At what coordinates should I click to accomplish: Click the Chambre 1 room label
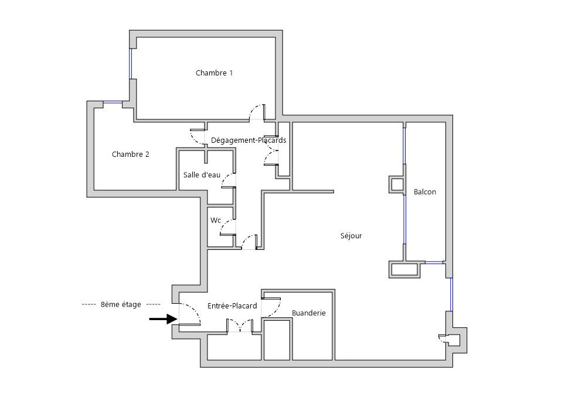coord(214,73)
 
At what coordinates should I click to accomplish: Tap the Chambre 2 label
coord(131,155)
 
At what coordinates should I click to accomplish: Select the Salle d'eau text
coord(202,175)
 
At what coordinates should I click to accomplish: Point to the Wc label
coord(216,220)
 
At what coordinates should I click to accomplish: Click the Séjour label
coord(351,236)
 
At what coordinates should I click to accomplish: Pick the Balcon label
coord(425,192)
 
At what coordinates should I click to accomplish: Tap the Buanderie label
coord(308,313)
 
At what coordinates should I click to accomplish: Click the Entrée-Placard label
coord(232,306)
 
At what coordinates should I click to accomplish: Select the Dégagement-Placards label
coord(249,140)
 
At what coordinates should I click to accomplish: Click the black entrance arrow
coord(164,319)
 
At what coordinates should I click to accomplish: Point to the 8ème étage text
coord(121,304)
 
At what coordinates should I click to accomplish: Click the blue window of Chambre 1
coord(131,64)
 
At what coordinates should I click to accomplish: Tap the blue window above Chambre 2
coord(113,104)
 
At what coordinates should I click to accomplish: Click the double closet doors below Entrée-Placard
coord(240,325)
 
